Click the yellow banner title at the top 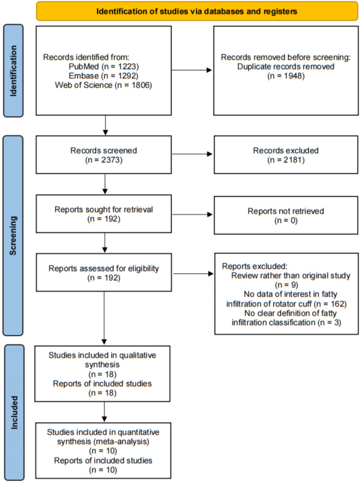(197, 11)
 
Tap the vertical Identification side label (13, 71)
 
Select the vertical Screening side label (13, 236)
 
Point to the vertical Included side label (14, 413)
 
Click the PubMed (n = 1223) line (104, 67)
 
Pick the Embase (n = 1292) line (104, 76)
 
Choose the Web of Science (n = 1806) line (104, 85)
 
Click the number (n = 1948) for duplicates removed (286, 76)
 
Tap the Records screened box (104, 155)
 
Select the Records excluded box (286, 155)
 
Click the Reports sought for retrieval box (104, 214)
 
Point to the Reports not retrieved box (286, 215)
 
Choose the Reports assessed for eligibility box (104, 273)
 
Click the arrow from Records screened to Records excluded (192, 154)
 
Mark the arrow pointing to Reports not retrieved (192, 215)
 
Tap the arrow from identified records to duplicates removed (192, 70)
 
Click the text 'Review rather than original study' (291, 276)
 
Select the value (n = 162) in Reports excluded (330, 304)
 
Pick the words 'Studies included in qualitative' (102, 355)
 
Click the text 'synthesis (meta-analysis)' (103, 442)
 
